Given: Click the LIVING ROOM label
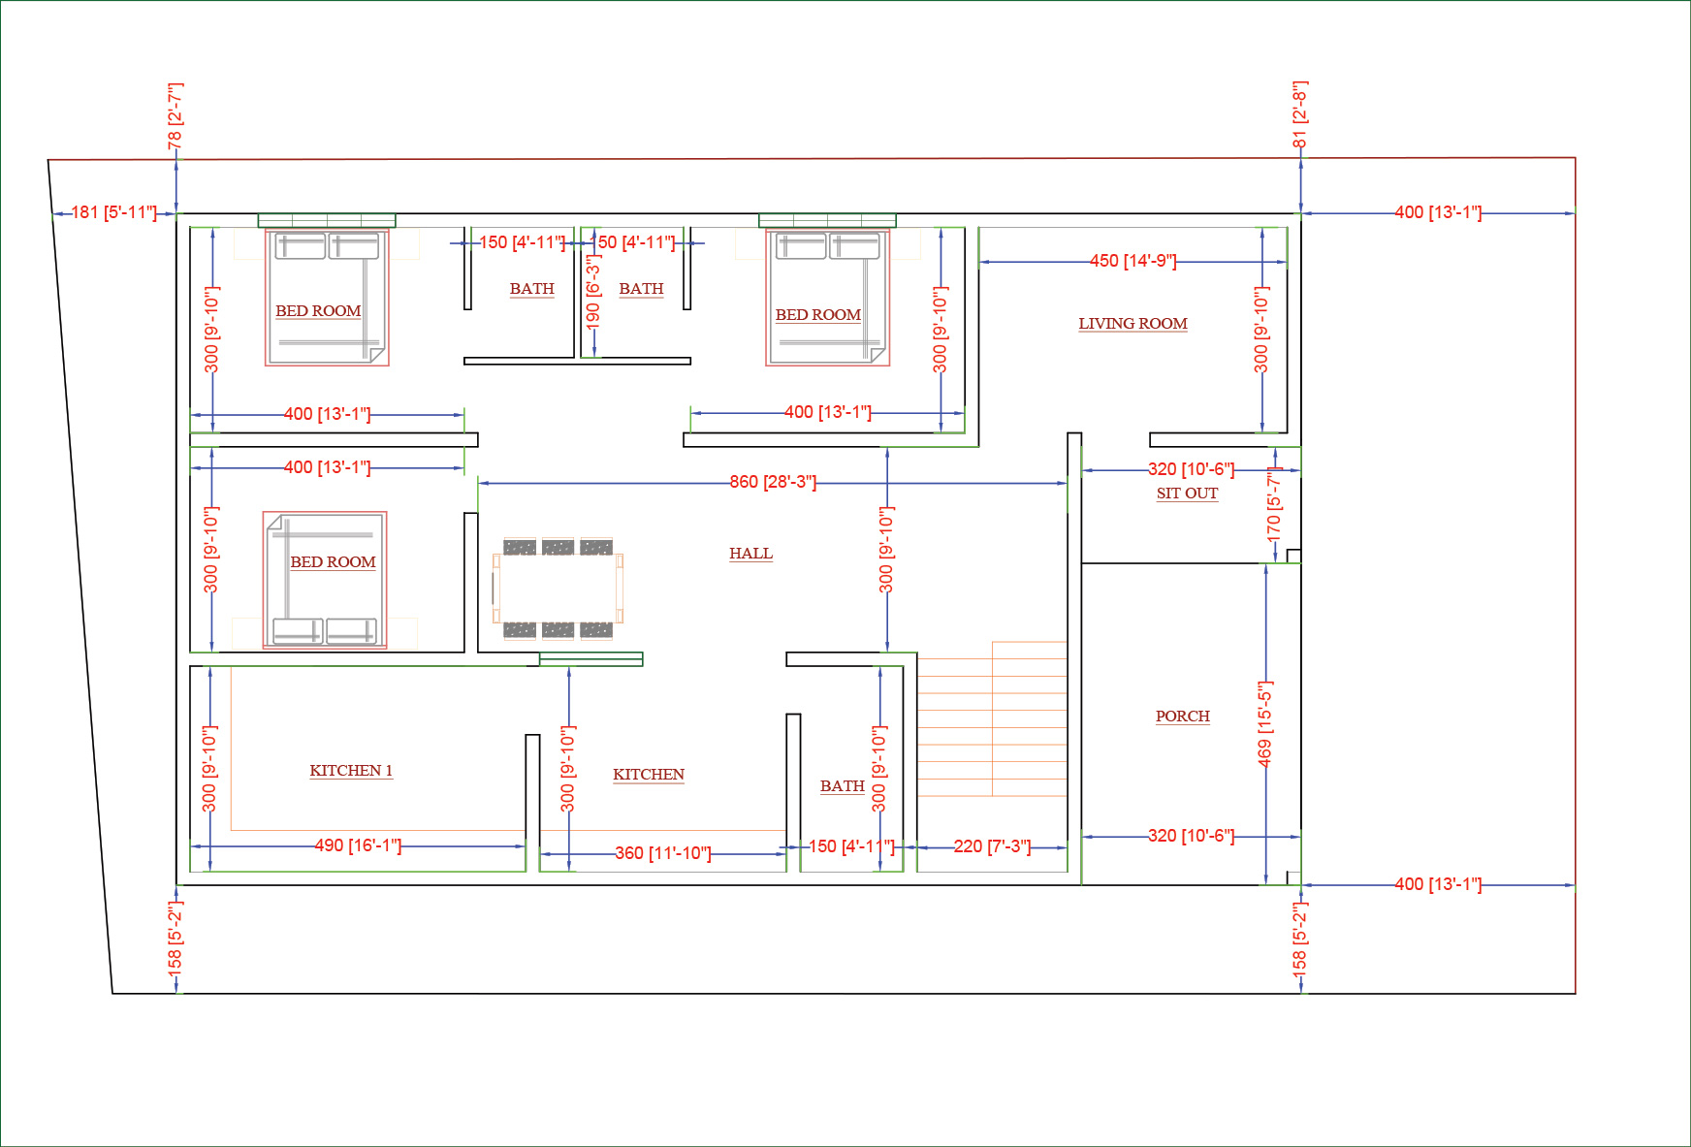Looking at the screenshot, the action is click(1133, 324).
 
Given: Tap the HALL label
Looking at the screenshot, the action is click(750, 554).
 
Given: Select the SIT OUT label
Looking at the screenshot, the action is click(1187, 494).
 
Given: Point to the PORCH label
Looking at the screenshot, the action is click(1182, 717).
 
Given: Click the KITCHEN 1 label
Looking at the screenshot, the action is click(351, 771).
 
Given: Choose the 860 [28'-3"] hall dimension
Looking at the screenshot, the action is click(773, 482).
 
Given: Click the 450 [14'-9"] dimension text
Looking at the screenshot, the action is click(1133, 261).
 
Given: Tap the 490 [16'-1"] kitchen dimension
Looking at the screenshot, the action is click(358, 845).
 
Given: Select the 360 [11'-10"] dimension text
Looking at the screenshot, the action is click(663, 853).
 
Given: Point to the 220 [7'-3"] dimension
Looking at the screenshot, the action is click(992, 846).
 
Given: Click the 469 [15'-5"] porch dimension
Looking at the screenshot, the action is click(1264, 723).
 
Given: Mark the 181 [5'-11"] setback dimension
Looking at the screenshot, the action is click(113, 212).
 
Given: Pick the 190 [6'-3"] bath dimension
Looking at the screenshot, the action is click(592, 291).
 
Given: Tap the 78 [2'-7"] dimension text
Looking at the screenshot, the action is click(175, 116).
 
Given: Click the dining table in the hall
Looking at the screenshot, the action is click(558, 588).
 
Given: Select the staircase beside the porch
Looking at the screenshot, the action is click(992, 718).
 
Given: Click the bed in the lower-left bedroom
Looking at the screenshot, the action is click(325, 580).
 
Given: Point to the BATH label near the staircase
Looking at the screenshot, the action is click(842, 786).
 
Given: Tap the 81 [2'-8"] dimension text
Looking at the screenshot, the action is click(1300, 114).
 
